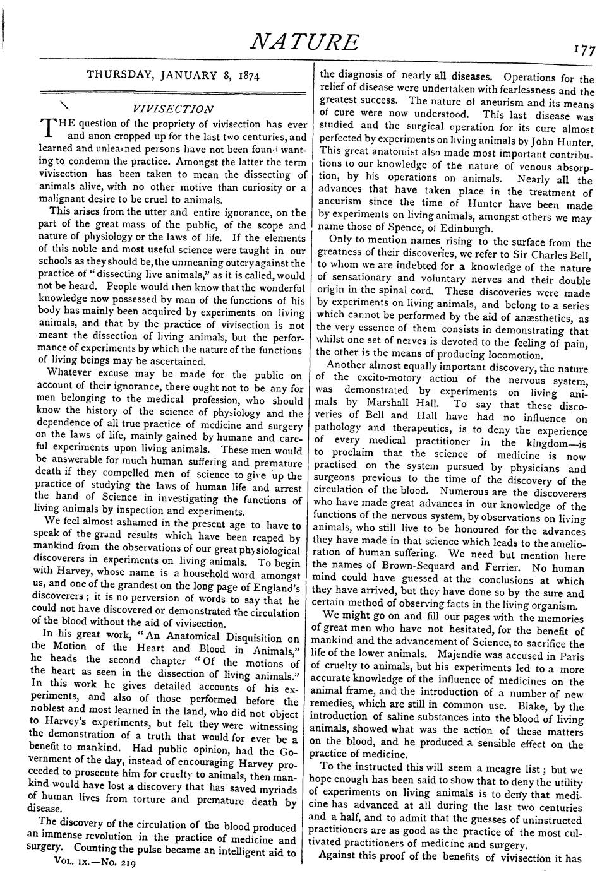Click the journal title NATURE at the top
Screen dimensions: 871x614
[305, 42]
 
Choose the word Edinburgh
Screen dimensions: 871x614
[460, 228]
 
